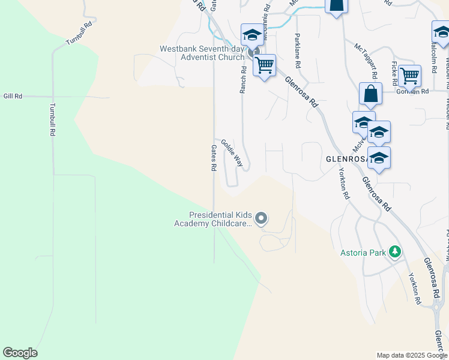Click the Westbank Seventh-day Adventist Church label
201,53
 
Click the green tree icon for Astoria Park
395,251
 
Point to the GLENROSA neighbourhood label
346,159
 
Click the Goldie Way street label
232,153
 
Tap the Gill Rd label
13,96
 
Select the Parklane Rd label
297,51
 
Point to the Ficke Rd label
394,73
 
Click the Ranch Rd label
244,79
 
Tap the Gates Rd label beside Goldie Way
213,158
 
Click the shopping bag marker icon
370,94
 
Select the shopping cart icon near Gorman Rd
409,76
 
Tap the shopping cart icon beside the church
264,65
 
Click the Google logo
20,353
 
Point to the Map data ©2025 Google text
411,355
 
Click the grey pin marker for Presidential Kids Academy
261,219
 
